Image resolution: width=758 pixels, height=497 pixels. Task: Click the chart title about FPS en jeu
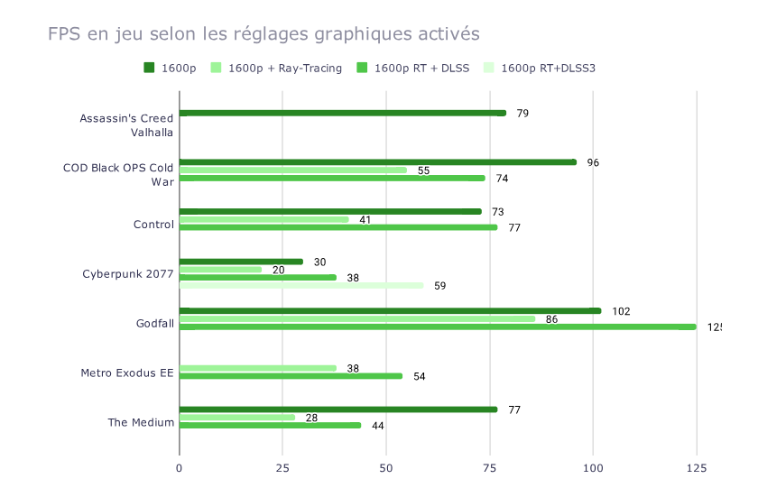click(263, 34)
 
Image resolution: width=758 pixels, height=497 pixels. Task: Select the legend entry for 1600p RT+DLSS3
click(548, 68)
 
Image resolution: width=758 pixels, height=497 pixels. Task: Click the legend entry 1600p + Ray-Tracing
click(284, 68)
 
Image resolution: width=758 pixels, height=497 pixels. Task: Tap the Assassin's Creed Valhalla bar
click(343, 113)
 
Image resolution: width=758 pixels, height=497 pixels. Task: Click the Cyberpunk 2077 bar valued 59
click(301, 285)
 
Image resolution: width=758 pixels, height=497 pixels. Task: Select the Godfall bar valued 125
click(438, 327)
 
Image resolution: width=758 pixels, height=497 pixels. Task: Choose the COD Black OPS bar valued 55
click(293, 170)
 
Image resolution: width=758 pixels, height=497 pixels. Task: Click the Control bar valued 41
click(264, 219)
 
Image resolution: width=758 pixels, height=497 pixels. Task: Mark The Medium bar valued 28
click(237, 417)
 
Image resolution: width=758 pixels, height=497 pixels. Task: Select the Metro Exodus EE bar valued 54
click(291, 376)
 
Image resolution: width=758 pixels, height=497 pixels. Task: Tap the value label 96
click(593, 162)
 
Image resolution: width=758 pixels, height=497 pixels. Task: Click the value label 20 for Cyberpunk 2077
click(279, 270)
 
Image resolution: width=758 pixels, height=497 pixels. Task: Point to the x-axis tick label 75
click(490, 467)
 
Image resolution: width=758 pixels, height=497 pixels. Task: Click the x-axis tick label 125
click(696, 467)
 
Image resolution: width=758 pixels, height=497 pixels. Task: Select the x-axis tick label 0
click(180, 467)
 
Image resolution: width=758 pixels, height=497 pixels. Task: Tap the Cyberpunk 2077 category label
click(128, 274)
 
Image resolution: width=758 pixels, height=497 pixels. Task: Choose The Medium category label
click(141, 421)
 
